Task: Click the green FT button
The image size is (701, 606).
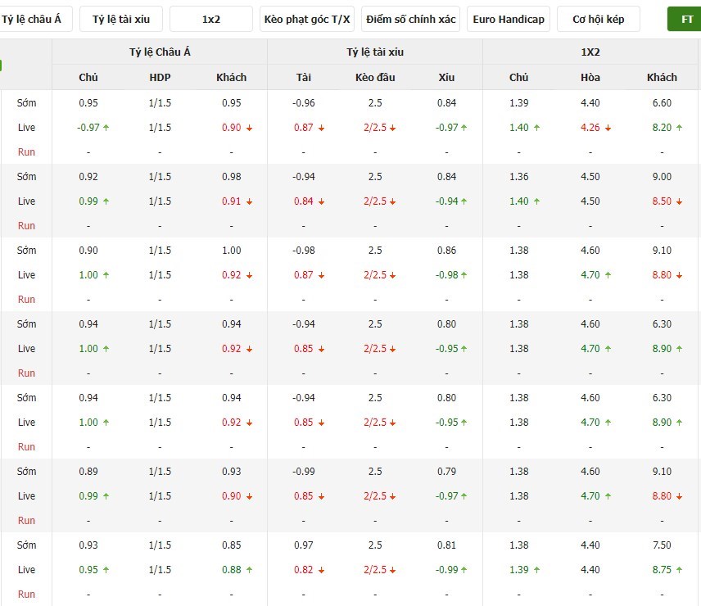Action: [x=685, y=19]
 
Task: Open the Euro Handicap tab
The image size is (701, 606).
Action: [x=509, y=19]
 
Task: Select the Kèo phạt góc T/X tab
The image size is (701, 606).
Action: [x=307, y=19]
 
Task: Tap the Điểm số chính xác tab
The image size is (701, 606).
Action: [x=410, y=19]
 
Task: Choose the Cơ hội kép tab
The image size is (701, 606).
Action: [x=598, y=19]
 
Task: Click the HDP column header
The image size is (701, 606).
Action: [x=160, y=77]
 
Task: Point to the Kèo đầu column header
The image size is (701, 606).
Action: [x=375, y=77]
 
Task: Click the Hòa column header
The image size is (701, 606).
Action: [x=590, y=77]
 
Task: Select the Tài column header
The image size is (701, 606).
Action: [x=304, y=77]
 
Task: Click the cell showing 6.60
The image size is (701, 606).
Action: [x=662, y=103]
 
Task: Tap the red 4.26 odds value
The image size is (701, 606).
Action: [x=590, y=128]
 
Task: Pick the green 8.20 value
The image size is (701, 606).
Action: [x=662, y=128]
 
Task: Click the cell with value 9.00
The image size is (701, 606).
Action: [x=662, y=177]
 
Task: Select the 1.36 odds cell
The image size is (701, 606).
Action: [x=518, y=177]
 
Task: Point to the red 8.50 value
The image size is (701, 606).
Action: [x=662, y=201]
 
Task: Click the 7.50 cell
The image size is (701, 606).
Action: [x=662, y=545]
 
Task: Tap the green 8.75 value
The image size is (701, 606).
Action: [x=662, y=569]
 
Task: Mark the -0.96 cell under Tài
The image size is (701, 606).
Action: [x=304, y=103]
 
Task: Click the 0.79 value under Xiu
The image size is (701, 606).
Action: [x=446, y=471]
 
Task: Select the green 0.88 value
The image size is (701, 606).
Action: [x=232, y=569]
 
